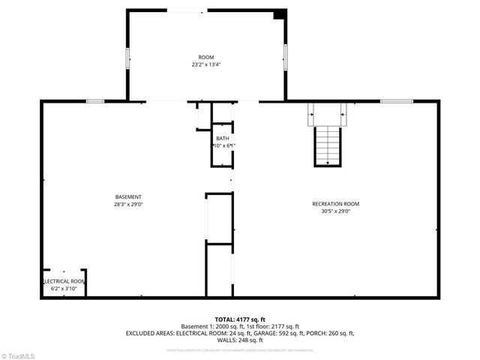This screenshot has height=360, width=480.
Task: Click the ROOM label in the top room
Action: [205, 58]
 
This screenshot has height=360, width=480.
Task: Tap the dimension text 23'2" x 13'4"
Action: [205, 65]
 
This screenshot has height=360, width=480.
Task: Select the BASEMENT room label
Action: [128, 196]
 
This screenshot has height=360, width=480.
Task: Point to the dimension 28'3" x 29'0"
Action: [128, 204]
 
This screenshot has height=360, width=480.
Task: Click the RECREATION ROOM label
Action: [335, 204]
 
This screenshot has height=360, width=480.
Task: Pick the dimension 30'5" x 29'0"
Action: [335, 211]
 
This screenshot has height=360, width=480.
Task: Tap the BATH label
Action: [222, 139]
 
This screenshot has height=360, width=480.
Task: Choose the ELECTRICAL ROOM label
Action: [64, 281]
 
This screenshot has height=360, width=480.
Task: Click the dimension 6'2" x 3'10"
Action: [64, 289]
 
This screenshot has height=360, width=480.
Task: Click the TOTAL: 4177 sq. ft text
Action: [240, 319]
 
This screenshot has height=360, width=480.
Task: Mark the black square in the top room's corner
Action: [279, 14]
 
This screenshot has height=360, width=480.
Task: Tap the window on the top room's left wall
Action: [127, 58]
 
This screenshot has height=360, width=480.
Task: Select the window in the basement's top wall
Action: [95, 101]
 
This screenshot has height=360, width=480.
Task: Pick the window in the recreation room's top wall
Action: [396, 101]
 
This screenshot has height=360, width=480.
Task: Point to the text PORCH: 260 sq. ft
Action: [334, 333]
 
